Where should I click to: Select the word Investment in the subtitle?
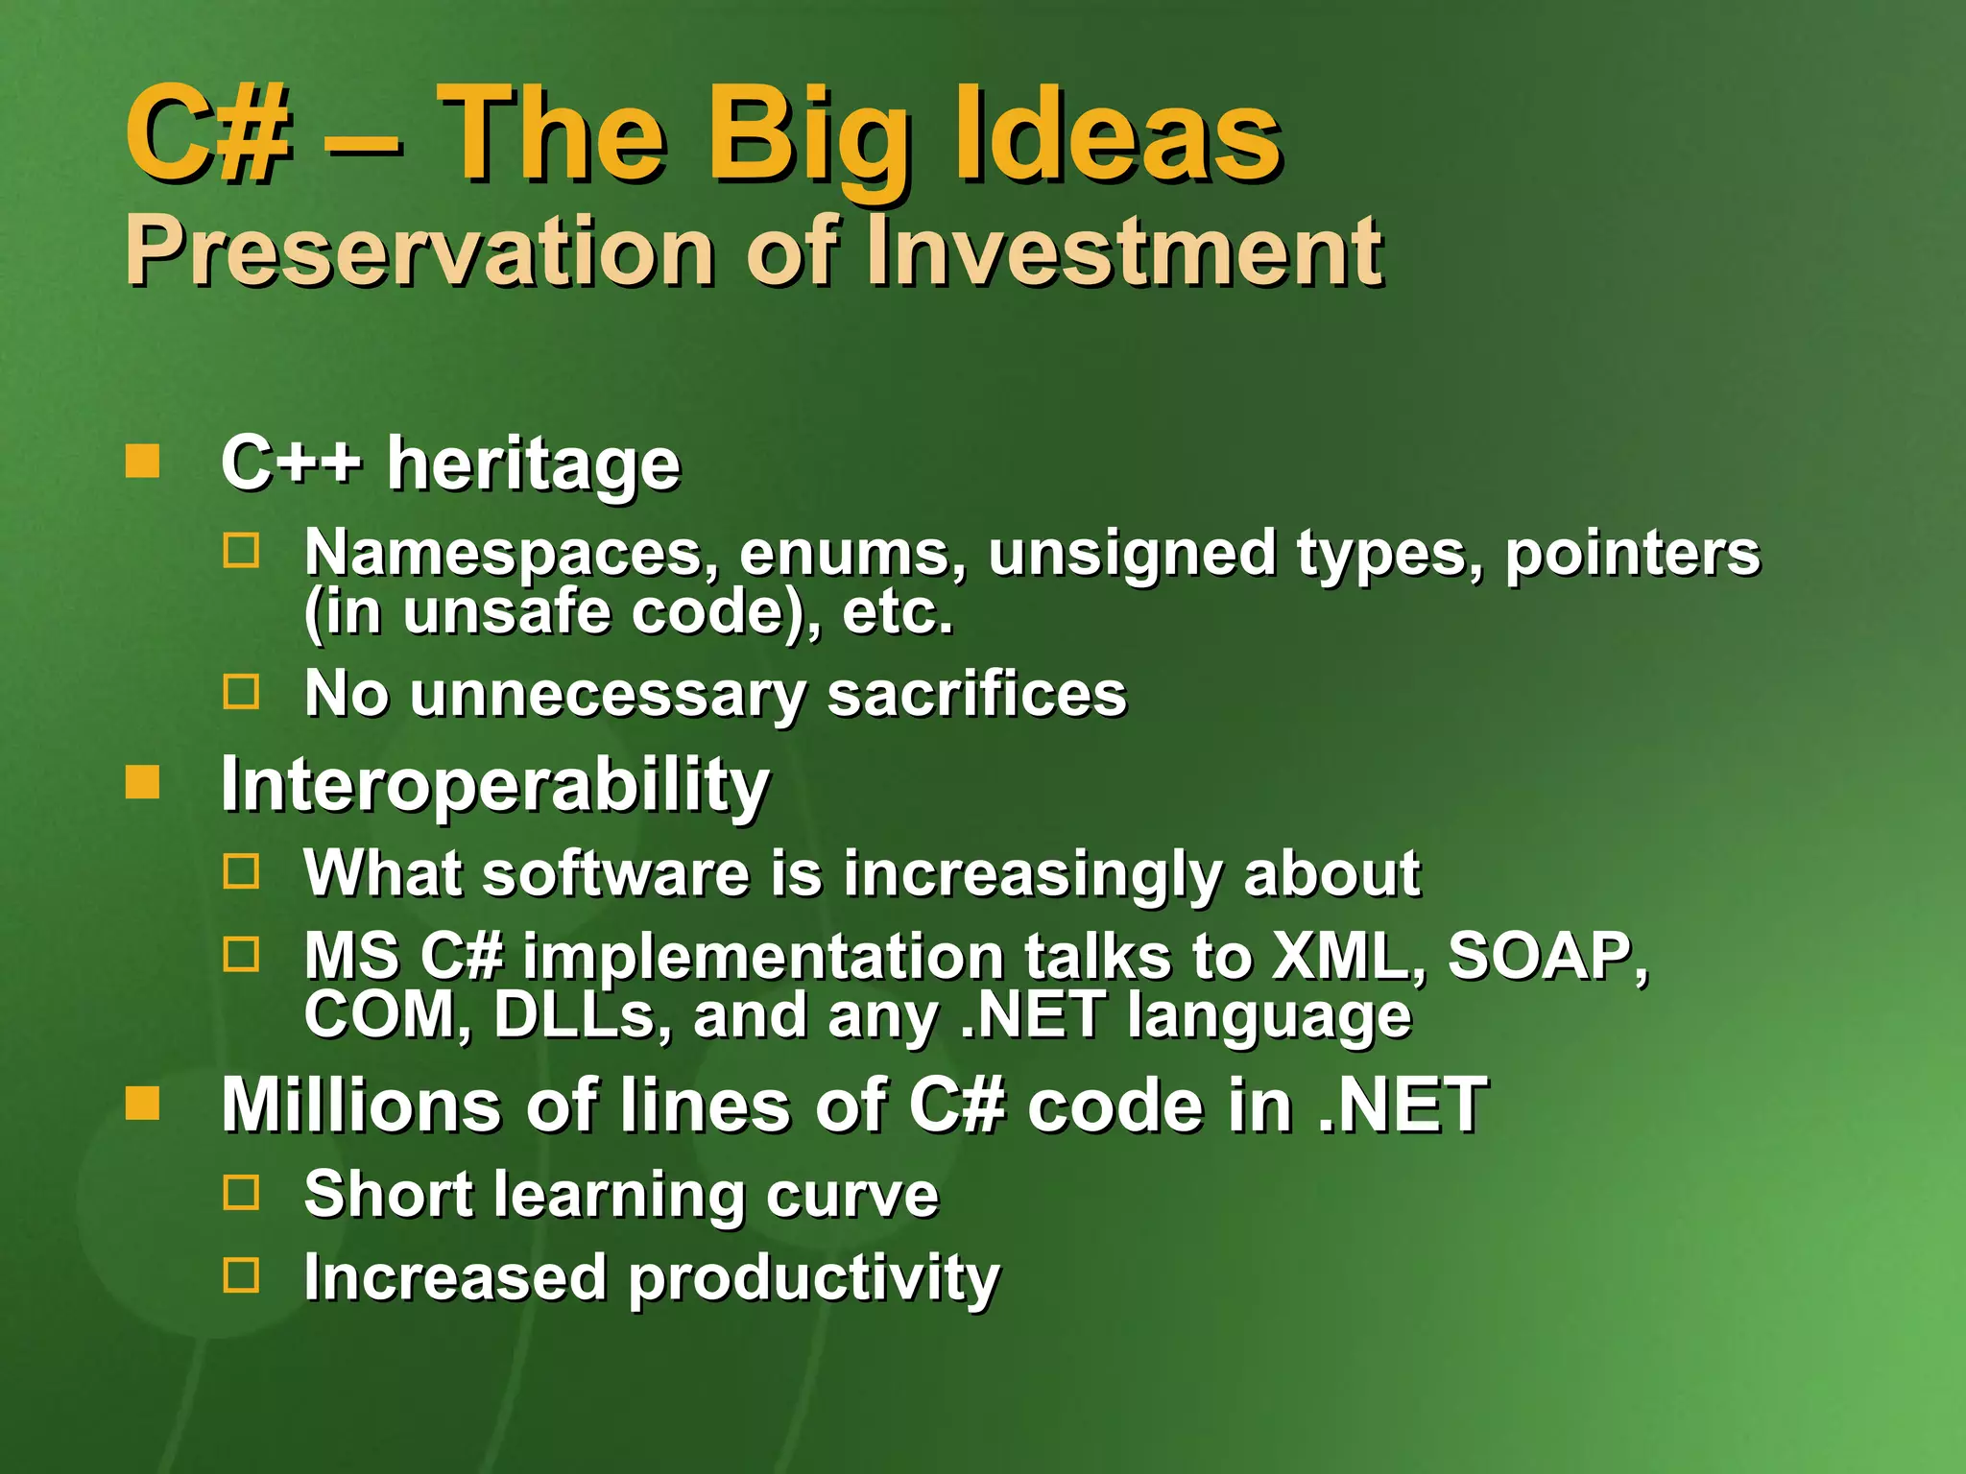coord(1123,251)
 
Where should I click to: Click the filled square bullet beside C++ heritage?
coord(142,462)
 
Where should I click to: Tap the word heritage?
coord(533,464)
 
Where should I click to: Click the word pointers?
coord(1632,554)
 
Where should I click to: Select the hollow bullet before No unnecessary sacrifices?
coord(241,692)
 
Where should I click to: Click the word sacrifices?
coord(976,694)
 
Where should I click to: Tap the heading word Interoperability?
coord(494,785)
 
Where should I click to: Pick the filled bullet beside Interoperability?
coord(142,782)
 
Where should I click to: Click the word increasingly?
coord(1032,874)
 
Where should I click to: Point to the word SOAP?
coord(1546,957)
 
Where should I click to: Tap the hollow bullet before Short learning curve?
coord(241,1193)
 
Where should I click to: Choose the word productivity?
coord(814,1279)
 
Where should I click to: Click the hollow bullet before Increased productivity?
coord(241,1276)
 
